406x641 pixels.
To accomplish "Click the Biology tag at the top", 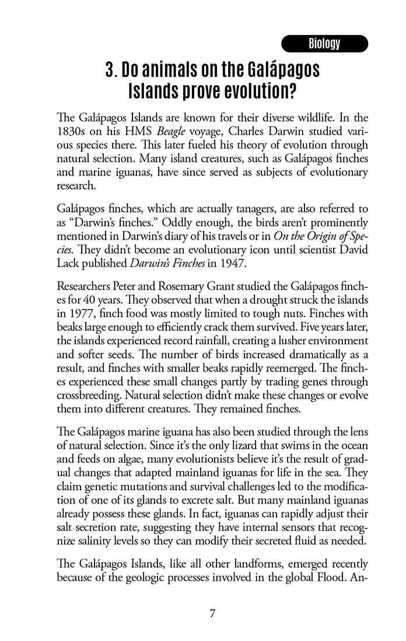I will pos(324,44).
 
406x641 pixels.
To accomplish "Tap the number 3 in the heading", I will pos(110,71).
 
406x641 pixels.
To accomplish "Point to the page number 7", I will pos(213,613).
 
